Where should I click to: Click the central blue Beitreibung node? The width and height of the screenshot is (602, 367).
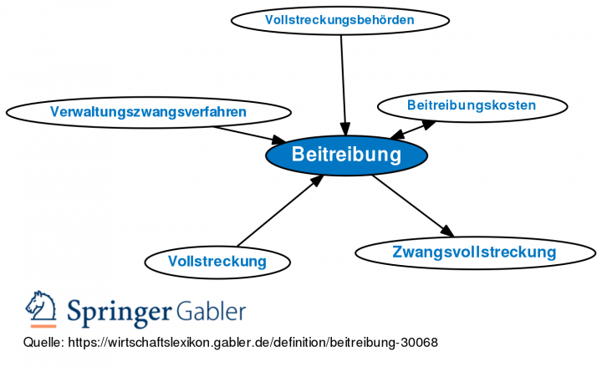346,155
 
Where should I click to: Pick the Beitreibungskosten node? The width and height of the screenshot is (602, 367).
471,105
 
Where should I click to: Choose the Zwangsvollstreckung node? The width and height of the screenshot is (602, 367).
473,252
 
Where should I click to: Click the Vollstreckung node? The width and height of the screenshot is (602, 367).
217,262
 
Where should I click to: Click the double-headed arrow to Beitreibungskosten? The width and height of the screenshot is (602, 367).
413,130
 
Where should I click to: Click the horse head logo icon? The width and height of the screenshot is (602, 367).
40,308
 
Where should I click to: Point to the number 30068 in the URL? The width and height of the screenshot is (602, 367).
419,344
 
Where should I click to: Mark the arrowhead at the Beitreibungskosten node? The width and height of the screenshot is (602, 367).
429,123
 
